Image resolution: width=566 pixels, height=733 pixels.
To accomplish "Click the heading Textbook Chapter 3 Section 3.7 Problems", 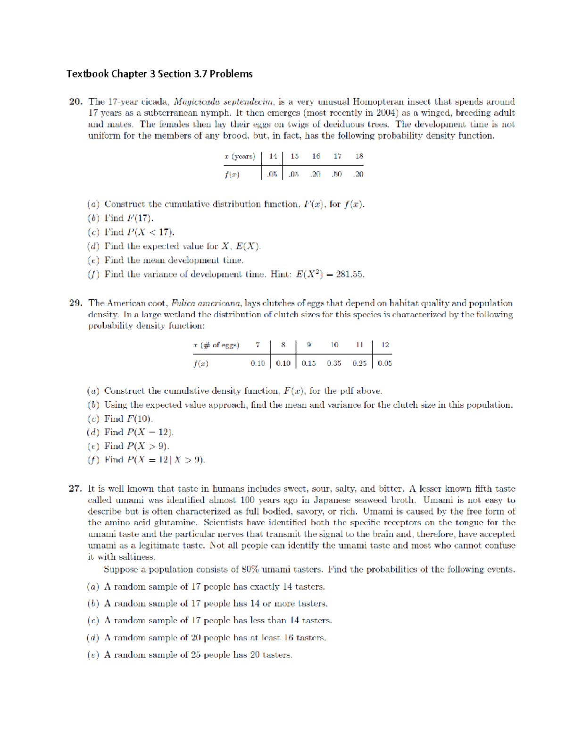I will pos(159,74).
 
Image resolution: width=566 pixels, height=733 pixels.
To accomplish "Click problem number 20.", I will pos(75,101).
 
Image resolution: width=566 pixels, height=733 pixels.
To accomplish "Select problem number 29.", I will pos(75,303).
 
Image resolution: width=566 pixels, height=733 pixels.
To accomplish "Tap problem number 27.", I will pos(75,489).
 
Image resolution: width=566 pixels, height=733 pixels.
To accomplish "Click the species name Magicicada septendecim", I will pos(223,101).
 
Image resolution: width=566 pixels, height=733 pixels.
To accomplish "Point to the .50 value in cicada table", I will pos(337,174).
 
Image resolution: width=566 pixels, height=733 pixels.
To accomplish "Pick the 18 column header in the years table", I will pos(359,156).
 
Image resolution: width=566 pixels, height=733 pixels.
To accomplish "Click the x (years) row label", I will pos(240,156).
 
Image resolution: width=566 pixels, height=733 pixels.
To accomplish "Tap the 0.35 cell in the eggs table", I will pos(334,363).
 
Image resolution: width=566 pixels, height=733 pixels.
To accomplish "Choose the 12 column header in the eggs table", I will pos(385,345).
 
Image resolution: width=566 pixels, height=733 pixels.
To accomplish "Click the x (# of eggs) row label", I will pos(216,345).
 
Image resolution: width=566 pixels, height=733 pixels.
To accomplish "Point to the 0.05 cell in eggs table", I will pos(385,363).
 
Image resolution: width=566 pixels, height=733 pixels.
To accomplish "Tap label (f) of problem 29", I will pos(93,460).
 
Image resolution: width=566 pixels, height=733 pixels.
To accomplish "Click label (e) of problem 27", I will pos(93,655).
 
